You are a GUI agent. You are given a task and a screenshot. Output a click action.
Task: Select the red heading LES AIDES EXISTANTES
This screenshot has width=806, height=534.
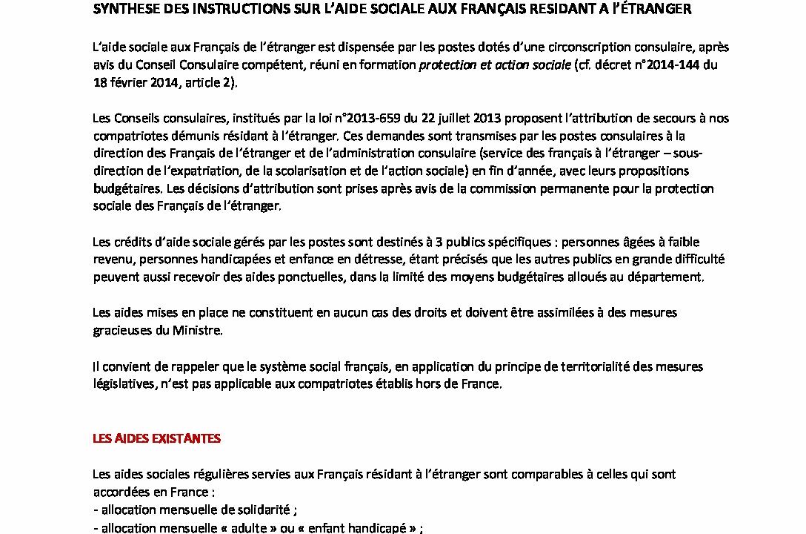(x=156, y=438)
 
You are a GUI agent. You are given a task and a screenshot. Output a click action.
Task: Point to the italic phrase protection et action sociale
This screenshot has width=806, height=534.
(x=495, y=65)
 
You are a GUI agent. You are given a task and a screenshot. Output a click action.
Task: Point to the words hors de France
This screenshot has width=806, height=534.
(x=466, y=384)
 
